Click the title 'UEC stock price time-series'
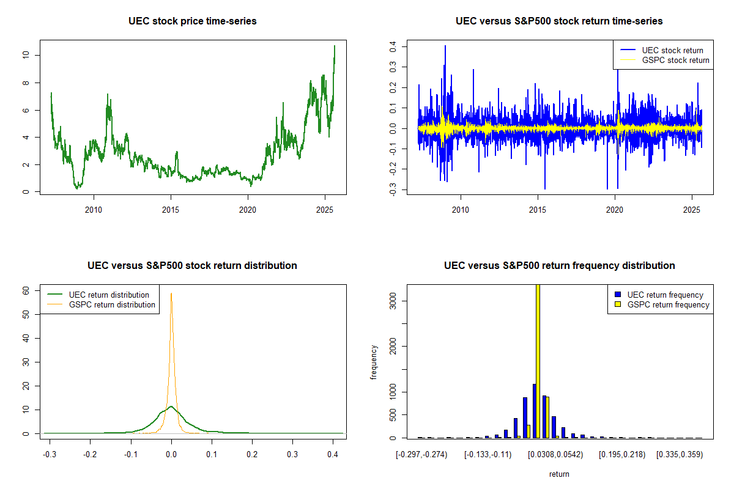pyautogui.click(x=193, y=21)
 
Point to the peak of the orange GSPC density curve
pyautogui.click(x=171, y=293)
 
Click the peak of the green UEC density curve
pyautogui.click(x=171, y=406)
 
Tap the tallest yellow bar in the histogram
pyautogui.click(x=538, y=361)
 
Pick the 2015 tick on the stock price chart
pyautogui.click(x=171, y=210)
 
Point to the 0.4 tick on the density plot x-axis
pyautogui.click(x=333, y=455)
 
